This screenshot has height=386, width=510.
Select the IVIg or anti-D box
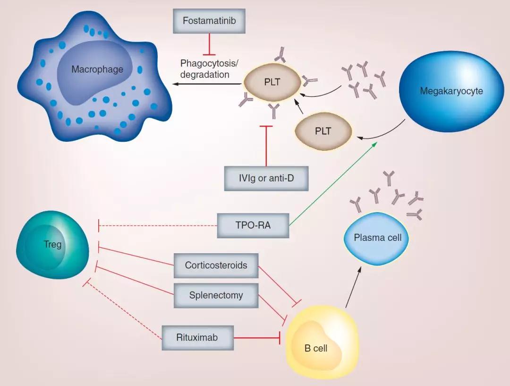click(x=266, y=179)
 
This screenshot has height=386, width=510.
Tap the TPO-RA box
click(x=253, y=225)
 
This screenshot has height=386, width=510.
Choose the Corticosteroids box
click(x=216, y=265)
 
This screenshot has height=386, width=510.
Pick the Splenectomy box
click(x=216, y=296)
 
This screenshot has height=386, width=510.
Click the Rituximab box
click(x=198, y=337)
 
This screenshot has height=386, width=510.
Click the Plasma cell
click(x=377, y=238)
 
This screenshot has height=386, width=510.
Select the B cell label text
click(x=316, y=349)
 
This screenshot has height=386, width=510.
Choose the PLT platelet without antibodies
click(x=323, y=131)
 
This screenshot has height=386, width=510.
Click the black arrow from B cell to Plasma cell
click(x=354, y=288)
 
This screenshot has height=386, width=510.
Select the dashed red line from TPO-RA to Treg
click(x=158, y=226)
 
